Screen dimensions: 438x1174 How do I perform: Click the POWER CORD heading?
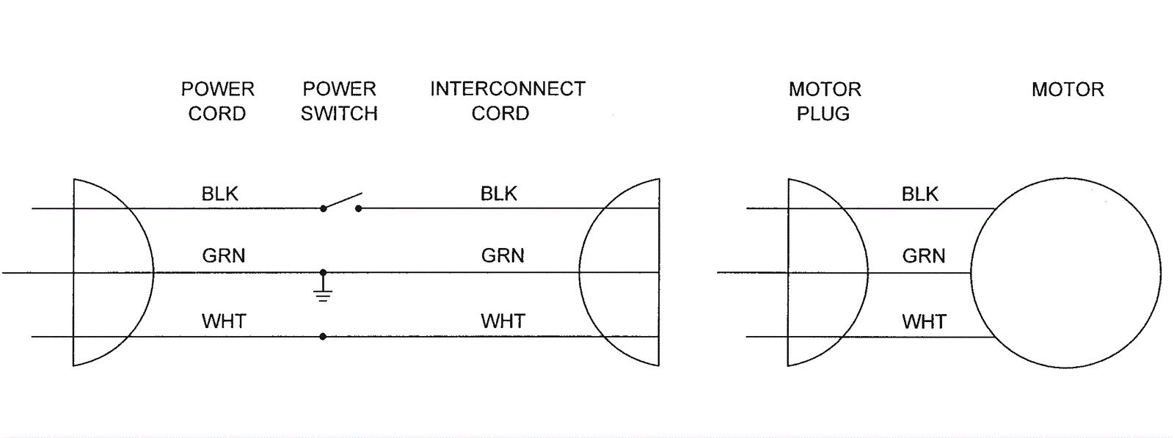pyautogui.click(x=217, y=101)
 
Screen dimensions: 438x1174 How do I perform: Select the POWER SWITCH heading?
pyautogui.click(x=339, y=101)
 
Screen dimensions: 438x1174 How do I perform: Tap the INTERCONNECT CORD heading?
pyautogui.click(x=507, y=101)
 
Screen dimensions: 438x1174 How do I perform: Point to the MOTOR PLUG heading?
pyautogui.click(x=824, y=101)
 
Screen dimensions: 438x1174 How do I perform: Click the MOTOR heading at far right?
pyautogui.click(x=1067, y=90)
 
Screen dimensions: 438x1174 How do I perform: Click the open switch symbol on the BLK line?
pyautogui.click(x=341, y=202)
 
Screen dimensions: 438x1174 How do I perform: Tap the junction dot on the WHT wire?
pyautogui.click(x=323, y=337)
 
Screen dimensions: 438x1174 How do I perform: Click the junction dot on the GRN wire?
pyautogui.click(x=323, y=272)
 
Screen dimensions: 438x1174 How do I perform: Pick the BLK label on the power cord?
pyautogui.click(x=220, y=194)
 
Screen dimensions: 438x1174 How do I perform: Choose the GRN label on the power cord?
pyautogui.click(x=223, y=255)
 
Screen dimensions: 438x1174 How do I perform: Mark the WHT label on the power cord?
pyautogui.click(x=223, y=321)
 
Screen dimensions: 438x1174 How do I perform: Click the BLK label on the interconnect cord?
pyautogui.click(x=499, y=194)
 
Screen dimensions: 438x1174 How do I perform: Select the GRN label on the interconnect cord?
pyautogui.click(x=503, y=255)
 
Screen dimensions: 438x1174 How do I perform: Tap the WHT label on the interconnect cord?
pyautogui.click(x=503, y=321)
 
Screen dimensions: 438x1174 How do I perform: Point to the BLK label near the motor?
pyautogui.click(x=920, y=194)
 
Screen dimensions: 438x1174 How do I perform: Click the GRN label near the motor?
pyautogui.click(x=923, y=256)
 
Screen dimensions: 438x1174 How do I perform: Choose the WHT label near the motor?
pyautogui.click(x=924, y=321)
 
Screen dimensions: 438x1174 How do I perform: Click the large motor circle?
pyautogui.click(x=1065, y=273)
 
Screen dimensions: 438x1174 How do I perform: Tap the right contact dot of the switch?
pyautogui.click(x=359, y=208)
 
